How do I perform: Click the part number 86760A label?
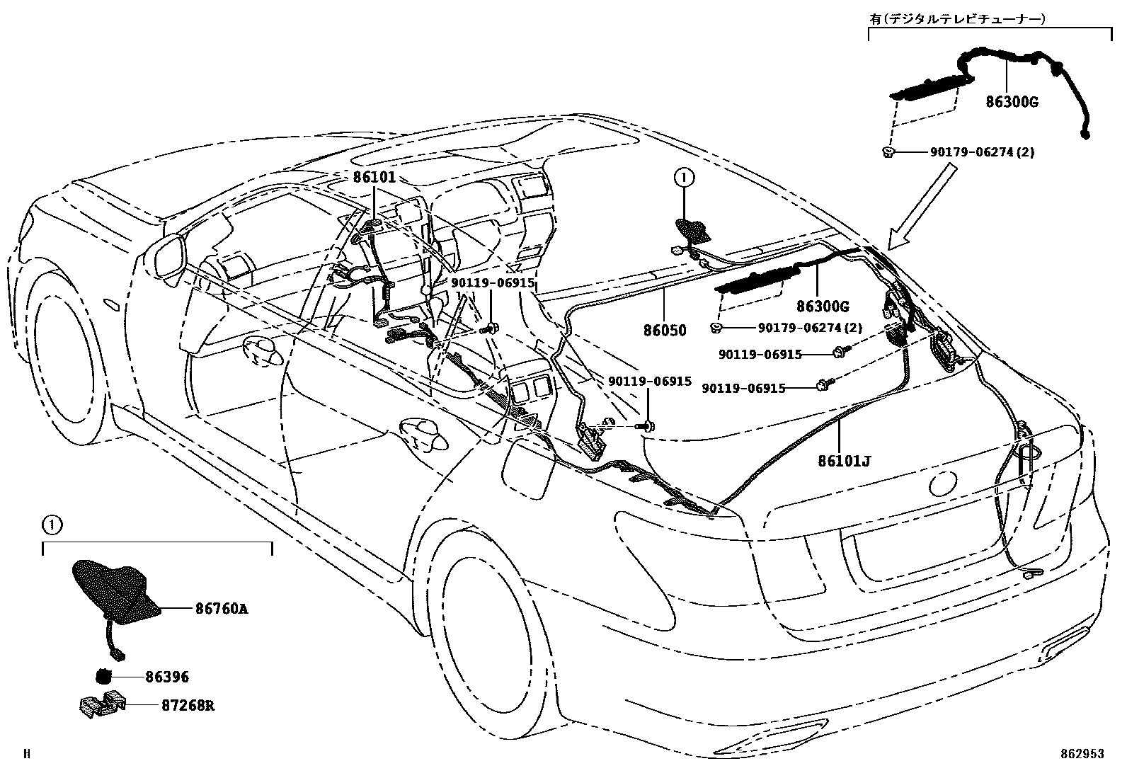[222, 608]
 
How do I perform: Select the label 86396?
[167, 677]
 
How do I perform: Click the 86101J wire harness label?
[844, 461]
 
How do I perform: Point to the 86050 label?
[665, 331]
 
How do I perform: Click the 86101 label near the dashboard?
[374, 178]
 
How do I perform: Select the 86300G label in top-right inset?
[1012, 102]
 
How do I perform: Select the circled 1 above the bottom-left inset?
[51, 525]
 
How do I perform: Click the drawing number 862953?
[1082, 755]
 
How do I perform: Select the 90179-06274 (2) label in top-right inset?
[982, 151]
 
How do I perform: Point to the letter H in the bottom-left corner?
[27, 755]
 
